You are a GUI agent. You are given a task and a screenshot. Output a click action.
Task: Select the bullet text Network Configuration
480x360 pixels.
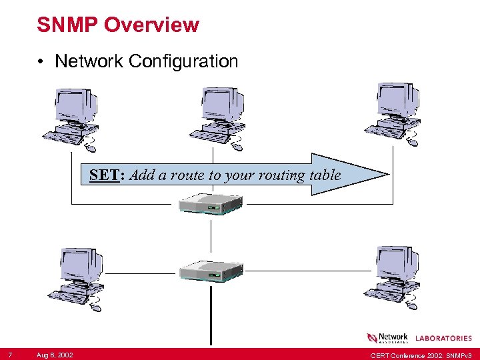coord(146,61)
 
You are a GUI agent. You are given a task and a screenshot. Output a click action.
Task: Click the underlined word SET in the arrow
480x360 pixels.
coord(104,176)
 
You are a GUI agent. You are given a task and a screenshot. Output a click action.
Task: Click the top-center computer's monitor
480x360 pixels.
coord(221,104)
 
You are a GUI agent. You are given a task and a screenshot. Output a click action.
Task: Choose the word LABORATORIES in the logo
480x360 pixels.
coord(444,339)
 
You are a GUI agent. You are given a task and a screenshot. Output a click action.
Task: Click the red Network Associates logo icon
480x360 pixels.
coord(372,338)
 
